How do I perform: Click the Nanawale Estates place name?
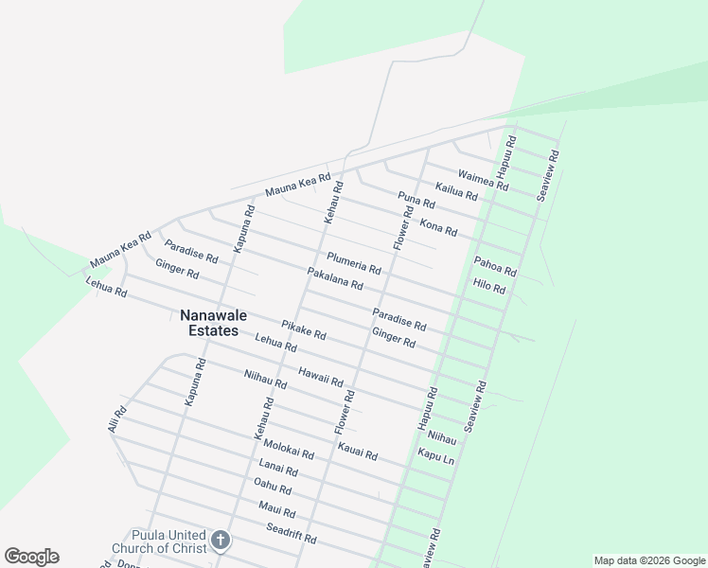pyautogui.click(x=209, y=323)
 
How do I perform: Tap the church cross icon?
pyautogui.click(x=221, y=541)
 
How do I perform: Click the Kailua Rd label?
pyautogui.click(x=456, y=192)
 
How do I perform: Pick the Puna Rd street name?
pyautogui.click(x=416, y=201)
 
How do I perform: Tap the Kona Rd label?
pyautogui.click(x=438, y=227)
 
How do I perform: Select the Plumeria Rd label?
pyautogui.click(x=353, y=261)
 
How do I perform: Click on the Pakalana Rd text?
pyautogui.click(x=335, y=278)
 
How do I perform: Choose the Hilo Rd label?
pyautogui.click(x=489, y=286)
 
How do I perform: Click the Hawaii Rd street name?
pyautogui.click(x=321, y=376)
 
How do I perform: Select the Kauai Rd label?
pyautogui.click(x=358, y=449)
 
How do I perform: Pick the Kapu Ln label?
pyautogui.click(x=436, y=455)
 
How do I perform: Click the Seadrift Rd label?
pyautogui.click(x=291, y=533)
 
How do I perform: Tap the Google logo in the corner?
pyautogui.click(x=31, y=557)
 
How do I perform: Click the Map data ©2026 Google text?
pyautogui.click(x=648, y=560)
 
